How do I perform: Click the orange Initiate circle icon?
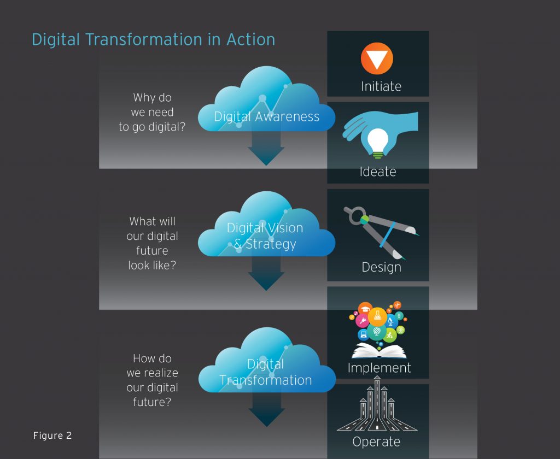click(377, 58)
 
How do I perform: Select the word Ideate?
click(378, 172)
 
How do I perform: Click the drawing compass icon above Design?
click(381, 232)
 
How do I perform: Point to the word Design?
click(381, 267)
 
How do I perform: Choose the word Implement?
click(380, 368)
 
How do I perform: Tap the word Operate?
click(376, 442)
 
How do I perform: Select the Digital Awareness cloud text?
click(266, 117)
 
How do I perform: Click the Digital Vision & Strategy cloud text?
click(265, 236)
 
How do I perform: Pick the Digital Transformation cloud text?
click(266, 372)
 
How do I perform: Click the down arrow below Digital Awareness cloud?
click(266, 147)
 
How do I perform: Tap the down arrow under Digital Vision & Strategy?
click(266, 273)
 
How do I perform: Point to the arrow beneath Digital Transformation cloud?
click(266, 409)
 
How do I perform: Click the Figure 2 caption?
click(52, 436)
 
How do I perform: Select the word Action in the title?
click(250, 39)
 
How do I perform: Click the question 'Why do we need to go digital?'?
click(152, 112)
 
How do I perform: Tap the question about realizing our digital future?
click(152, 380)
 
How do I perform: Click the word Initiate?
click(381, 86)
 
